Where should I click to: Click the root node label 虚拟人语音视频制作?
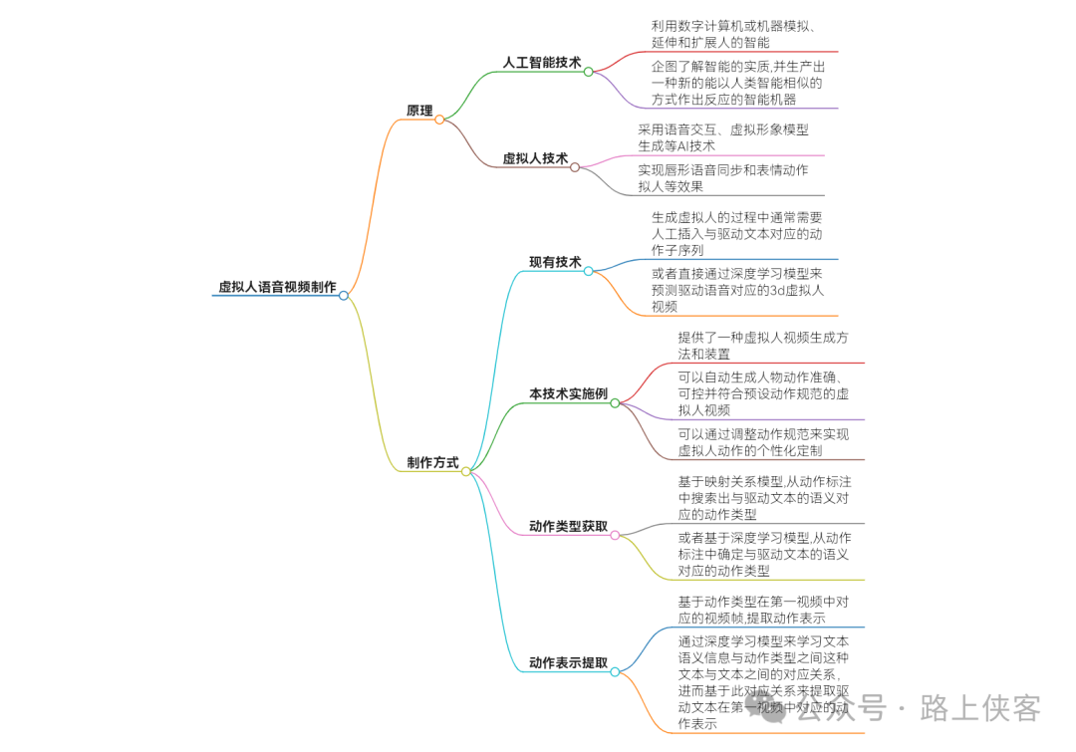coord(277,287)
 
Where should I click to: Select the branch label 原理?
coord(419,111)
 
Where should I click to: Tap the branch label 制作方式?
coord(432,463)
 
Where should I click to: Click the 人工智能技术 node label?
coord(541,63)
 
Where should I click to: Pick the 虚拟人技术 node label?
coord(535,158)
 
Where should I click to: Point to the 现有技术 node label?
coord(555,262)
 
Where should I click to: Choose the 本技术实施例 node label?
coord(568,394)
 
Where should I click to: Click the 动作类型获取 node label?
coord(568,526)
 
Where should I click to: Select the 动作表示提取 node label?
coord(568,663)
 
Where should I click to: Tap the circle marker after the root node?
coord(344,296)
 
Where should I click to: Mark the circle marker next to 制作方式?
coord(465,471)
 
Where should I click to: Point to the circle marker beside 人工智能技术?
coord(588,72)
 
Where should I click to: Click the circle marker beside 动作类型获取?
coord(615,535)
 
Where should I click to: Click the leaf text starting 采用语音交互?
coord(723,137)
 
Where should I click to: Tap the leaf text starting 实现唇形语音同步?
coord(723,178)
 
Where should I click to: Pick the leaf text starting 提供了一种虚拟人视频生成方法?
coord(764,346)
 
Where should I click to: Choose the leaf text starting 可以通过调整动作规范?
coord(764,442)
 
